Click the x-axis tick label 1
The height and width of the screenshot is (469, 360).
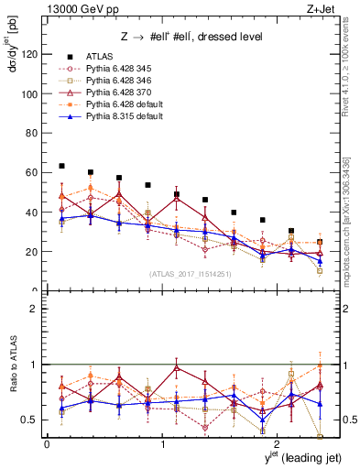(162, 444)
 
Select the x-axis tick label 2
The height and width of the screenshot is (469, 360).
(278, 444)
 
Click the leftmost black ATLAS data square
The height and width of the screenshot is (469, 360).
(61, 166)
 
